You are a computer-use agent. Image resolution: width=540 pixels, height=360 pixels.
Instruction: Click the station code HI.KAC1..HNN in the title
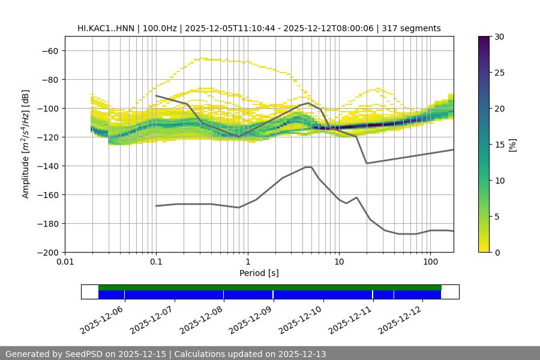click(107, 28)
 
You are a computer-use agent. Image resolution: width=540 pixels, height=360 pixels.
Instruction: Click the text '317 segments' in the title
click(415, 28)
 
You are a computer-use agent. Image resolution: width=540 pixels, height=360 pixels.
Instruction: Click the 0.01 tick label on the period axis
click(65, 262)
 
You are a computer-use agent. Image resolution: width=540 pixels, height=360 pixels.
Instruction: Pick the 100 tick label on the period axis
click(430, 262)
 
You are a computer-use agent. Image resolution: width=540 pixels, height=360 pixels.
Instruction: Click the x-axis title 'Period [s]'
click(259, 273)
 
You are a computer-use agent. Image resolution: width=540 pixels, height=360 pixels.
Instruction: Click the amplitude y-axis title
click(25, 144)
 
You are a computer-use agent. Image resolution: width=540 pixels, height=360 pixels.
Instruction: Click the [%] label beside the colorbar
click(512, 145)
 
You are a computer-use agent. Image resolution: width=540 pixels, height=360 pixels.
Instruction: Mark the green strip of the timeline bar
click(270, 287)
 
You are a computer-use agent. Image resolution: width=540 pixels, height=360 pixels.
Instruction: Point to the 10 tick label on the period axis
click(339, 262)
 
